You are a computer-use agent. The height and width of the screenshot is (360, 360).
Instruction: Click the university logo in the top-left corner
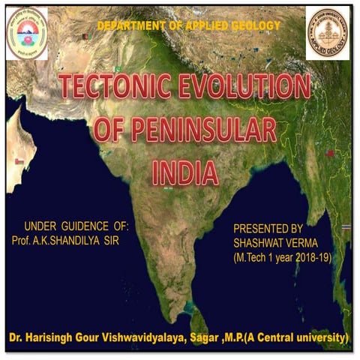tap(27, 33)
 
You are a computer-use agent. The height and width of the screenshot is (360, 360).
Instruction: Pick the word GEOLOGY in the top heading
tap(254, 25)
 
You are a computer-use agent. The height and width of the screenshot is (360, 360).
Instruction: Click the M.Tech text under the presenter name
tap(250, 256)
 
